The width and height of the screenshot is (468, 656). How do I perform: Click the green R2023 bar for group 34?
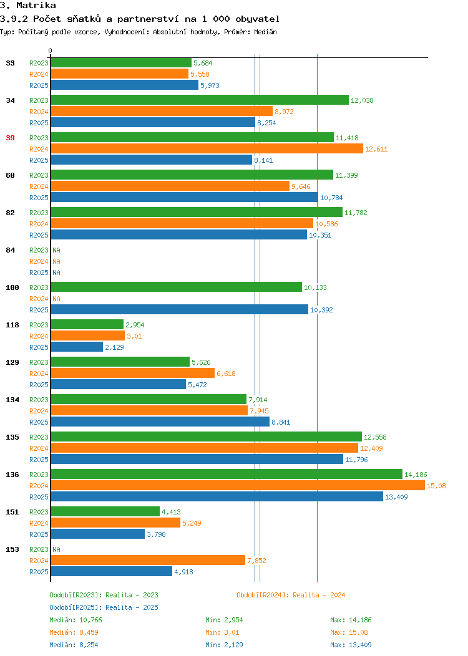200,100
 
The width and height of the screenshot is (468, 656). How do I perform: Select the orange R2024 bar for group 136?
238,485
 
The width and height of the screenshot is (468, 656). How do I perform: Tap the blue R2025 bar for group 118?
77,347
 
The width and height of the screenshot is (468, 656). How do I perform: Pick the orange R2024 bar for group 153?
148,560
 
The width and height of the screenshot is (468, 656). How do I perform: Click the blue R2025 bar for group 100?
180,309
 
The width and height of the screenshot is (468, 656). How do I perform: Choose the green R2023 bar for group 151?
105,512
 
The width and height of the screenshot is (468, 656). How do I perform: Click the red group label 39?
10,138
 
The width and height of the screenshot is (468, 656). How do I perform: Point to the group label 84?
10,250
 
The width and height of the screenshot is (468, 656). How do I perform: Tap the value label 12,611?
376,150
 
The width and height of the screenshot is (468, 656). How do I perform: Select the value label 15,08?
436,486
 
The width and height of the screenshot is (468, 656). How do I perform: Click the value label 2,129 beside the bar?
114,348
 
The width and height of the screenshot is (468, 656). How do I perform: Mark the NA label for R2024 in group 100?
57,299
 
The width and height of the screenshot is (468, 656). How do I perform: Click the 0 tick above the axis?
51,51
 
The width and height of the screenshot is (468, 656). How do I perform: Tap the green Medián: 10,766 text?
76,620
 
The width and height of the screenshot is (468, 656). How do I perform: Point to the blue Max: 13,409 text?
351,645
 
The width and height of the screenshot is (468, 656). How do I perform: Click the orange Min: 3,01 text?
222,632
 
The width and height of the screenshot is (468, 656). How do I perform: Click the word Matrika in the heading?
36,6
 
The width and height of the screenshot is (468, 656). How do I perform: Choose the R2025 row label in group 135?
39,460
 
